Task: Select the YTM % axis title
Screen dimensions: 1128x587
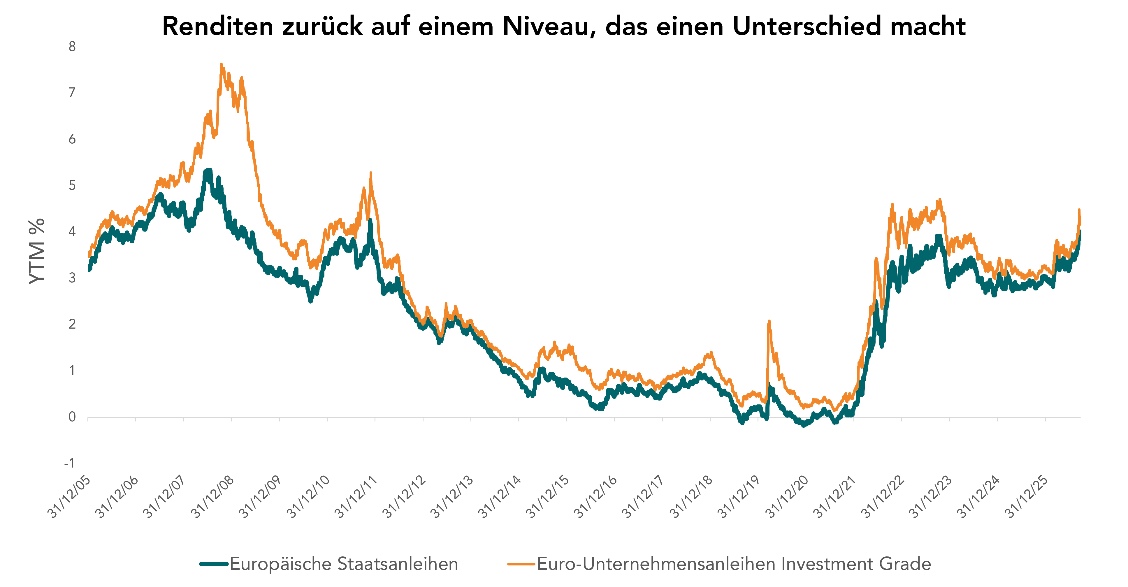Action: click(37, 251)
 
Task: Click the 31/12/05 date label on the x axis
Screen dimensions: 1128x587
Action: click(70, 497)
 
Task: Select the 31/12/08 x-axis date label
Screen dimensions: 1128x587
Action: click(214, 497)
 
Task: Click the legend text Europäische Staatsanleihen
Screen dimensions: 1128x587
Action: click(344, 564)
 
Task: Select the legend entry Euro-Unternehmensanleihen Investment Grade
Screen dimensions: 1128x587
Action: click(734, 564)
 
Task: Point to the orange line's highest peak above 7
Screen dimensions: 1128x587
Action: click(222, 65)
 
